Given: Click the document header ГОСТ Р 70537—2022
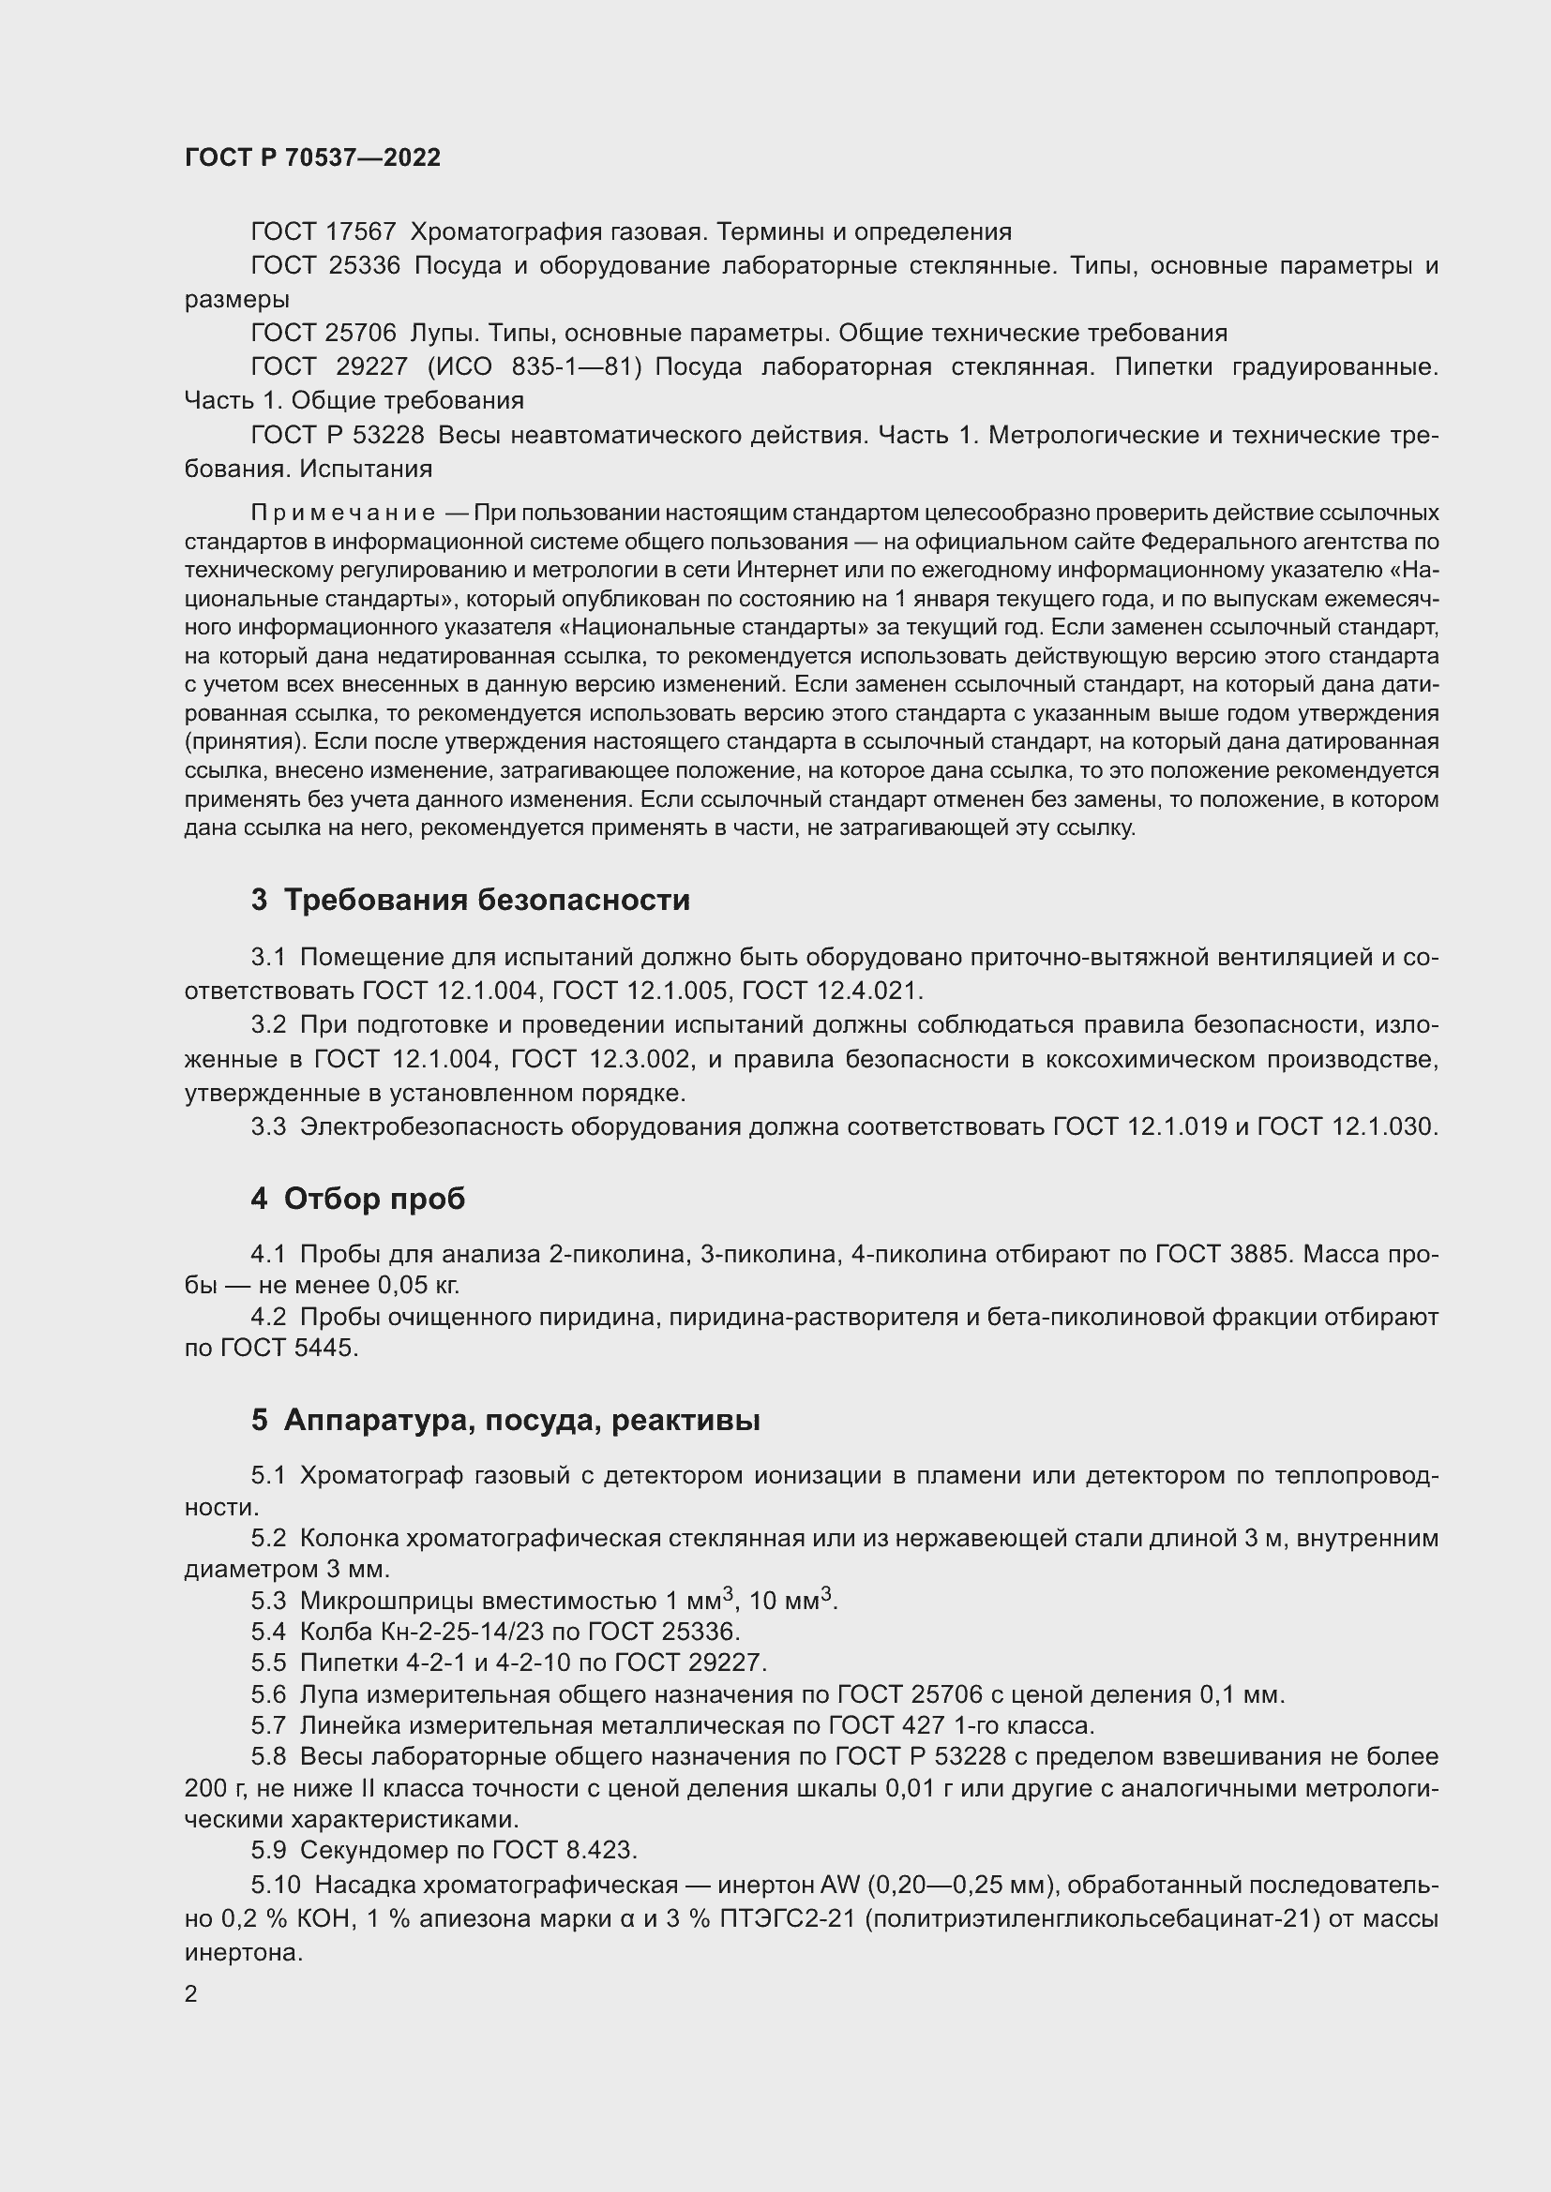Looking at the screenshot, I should click(x=312, y=157).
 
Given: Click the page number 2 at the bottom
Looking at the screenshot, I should click(x=191, y=1994).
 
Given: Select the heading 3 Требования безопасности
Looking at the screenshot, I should click(x=470, y=900).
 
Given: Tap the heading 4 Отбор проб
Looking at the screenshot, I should click(x=358, y=1199).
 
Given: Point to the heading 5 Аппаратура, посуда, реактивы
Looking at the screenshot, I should click(x=505, y=1420).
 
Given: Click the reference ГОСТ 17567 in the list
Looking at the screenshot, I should click(x=323, y=232).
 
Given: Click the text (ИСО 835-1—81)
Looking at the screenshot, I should click(x=535, y=366).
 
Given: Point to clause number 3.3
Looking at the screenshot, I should click(x=268, y=1126).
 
